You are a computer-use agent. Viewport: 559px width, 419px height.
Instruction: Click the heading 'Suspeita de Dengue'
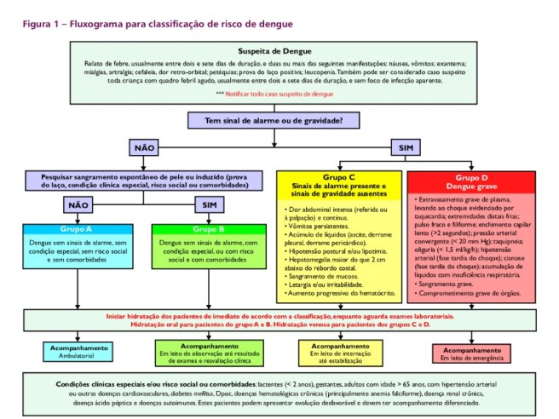[x=280, y=51]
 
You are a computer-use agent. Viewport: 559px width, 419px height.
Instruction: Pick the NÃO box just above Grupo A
[x=77, y=205]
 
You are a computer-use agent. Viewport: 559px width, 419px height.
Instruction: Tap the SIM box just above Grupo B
[x=206, y=205]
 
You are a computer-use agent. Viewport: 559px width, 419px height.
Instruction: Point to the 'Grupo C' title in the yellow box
[x=339, y=180]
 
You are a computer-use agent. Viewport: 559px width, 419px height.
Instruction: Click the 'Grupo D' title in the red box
[x=471, y=179]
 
